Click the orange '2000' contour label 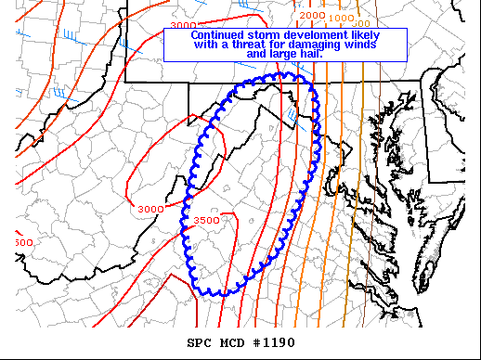pyautogui.click(x=313, y=16)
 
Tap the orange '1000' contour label pyautogui.click(x=341, y=19)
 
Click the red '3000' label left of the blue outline pyautogui.click(x=149, y=210)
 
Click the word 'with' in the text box pyautogui.click(x=207, y=45)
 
